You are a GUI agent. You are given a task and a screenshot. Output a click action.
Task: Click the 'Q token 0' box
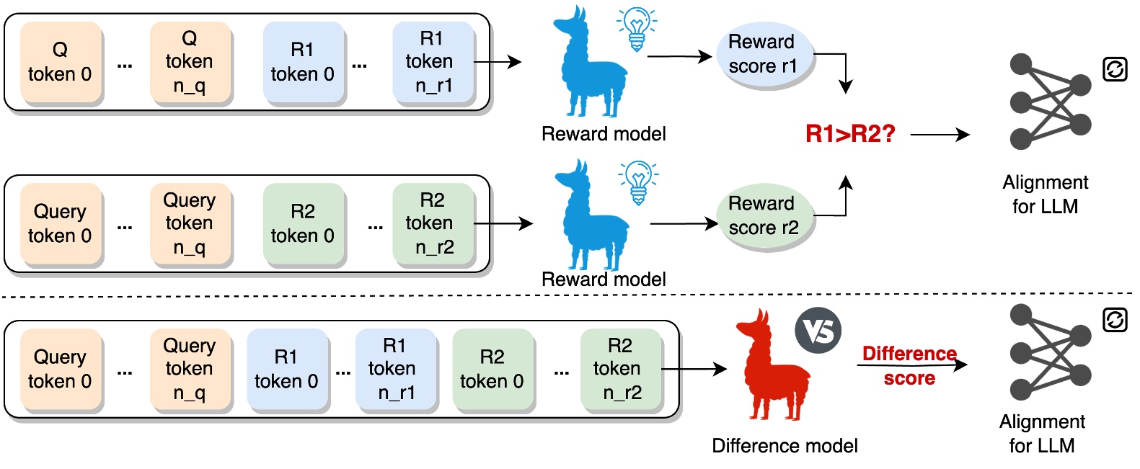[x=60, y=63]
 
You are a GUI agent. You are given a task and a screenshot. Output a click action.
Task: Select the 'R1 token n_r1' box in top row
[x=433, y=62]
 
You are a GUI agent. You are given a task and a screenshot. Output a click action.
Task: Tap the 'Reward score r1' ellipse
[x=764, y=54]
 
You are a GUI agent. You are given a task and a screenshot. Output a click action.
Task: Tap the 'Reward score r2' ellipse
[x=764, y=215]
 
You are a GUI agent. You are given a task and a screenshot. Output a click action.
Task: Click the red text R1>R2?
[x=849, y=134]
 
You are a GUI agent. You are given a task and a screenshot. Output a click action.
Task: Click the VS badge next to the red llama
[x=818, y=331]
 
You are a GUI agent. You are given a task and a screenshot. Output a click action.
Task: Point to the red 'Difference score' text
[x=909, y=365]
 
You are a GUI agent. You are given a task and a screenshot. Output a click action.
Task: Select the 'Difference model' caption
[x=785, y=446]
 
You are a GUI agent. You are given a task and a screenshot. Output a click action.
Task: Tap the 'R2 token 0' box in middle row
[x=303, y=224]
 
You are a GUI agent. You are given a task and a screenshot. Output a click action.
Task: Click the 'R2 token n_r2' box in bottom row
[x=621, y=370]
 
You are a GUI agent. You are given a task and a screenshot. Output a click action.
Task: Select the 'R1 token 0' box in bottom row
[x=286, y=370]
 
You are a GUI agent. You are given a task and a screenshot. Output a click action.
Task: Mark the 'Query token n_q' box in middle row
[x=190, y=224]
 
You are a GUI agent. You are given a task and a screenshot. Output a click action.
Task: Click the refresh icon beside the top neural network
[x=1115, y=70]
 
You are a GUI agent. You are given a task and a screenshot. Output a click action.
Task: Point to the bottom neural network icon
[x=1050, y=352]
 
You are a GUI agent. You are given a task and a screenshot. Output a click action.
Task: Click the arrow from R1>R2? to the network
[x=940, y=134]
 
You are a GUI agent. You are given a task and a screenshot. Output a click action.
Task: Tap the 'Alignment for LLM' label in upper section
[x=1045, y=194]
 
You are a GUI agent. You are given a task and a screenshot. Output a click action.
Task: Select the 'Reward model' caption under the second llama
[x=604, y=280]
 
